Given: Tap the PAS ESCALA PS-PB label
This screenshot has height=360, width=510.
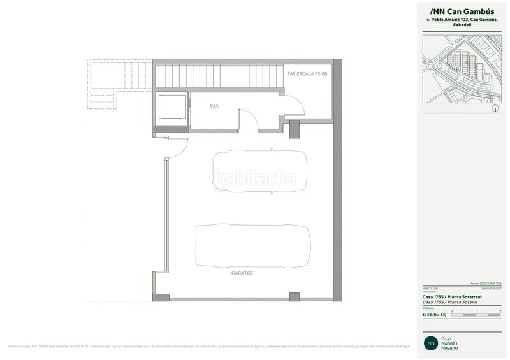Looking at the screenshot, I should tap(307, 74).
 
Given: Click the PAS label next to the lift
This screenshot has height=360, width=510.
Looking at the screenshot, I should tap(214, 106).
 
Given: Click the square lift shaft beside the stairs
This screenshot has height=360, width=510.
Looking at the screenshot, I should tap(171, 107).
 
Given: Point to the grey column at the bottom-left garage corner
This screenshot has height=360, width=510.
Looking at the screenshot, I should tap(161, 297).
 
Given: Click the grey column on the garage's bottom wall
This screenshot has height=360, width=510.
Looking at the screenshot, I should tap(294, 297).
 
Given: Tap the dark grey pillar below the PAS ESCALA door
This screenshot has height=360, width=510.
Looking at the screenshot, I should tap(295, 129).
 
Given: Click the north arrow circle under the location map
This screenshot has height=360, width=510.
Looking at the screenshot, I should tap(495, 109).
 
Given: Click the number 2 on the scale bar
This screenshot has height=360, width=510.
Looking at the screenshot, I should tap(500, 311).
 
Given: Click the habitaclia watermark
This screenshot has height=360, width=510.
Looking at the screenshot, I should tap(254, 177).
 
